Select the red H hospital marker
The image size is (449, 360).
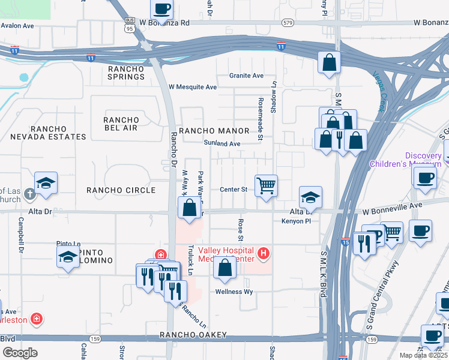tap(263, 254)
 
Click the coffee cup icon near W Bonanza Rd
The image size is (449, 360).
tap(162, 8)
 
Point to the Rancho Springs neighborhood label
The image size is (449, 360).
tap(126, 73)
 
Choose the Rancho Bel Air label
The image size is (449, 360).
tap(121, 124)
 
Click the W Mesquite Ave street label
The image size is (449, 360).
tap(192, 87)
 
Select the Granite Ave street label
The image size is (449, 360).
tap(246, 76)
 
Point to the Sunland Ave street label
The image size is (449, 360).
tap(221, 144)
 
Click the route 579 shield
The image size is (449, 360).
tap(288, 23)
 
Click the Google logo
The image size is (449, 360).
tap(20, 352)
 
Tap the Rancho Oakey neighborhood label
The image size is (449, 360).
tap(193, 335)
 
